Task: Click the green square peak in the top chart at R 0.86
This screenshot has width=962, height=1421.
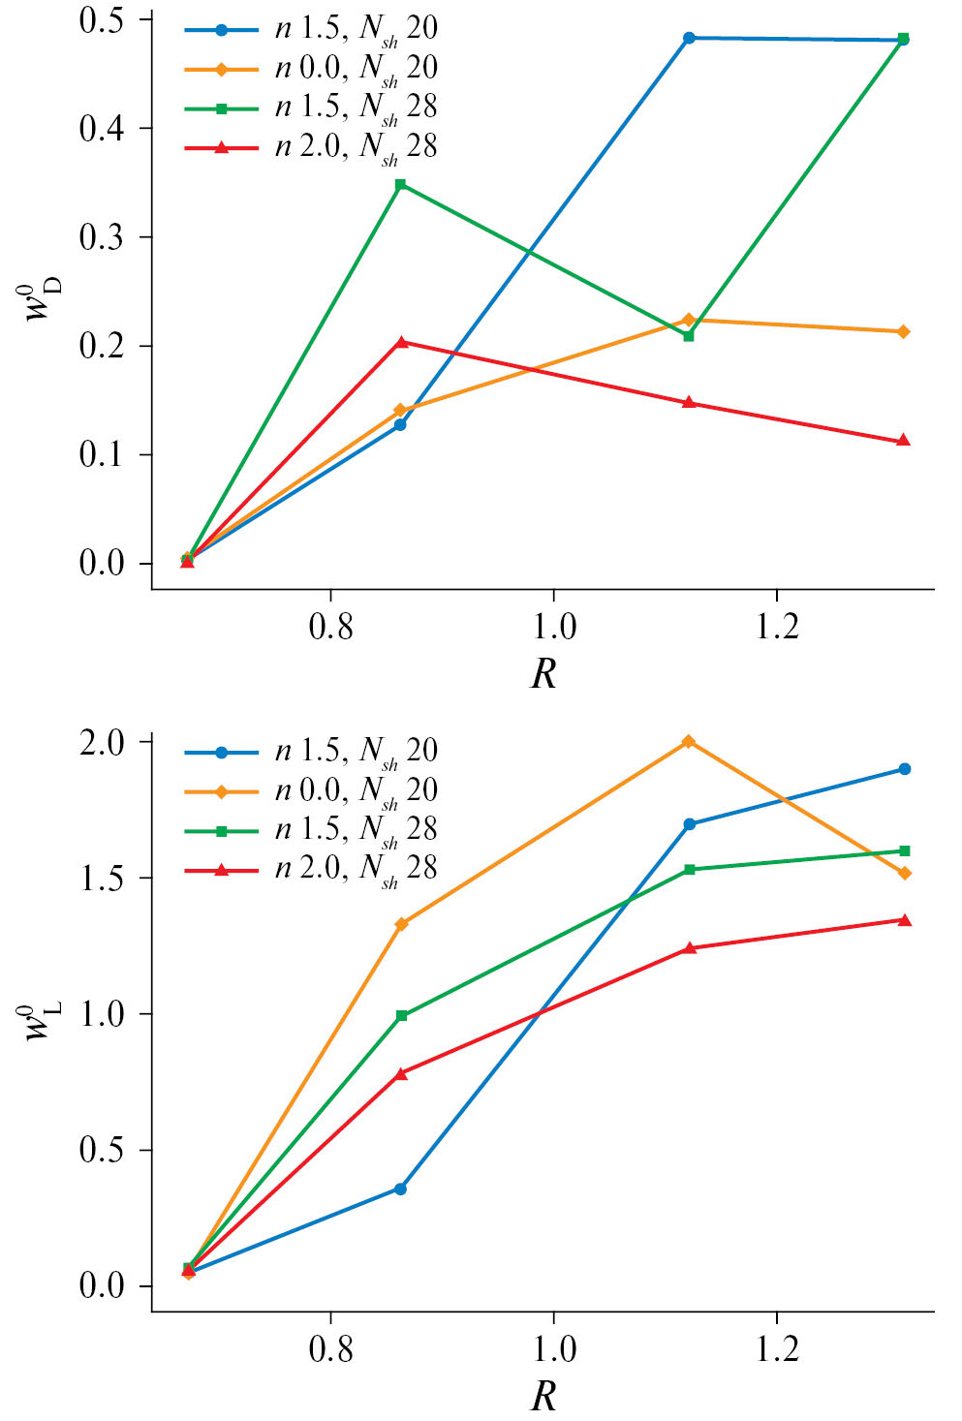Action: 400,184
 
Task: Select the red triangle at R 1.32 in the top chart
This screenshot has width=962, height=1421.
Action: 903,441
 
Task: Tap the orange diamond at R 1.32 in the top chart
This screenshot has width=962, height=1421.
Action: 903,331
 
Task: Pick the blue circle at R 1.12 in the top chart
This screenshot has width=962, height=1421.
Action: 689,38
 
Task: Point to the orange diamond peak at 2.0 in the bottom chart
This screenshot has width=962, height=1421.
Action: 689,741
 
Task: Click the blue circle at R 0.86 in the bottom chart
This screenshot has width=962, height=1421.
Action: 400,1189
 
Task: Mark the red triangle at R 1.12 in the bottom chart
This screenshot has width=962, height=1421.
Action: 689,947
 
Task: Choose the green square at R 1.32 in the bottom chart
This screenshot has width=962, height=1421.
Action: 904,850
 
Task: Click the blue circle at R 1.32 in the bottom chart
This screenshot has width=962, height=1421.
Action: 904,769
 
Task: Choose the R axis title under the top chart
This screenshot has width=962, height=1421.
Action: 544,674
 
